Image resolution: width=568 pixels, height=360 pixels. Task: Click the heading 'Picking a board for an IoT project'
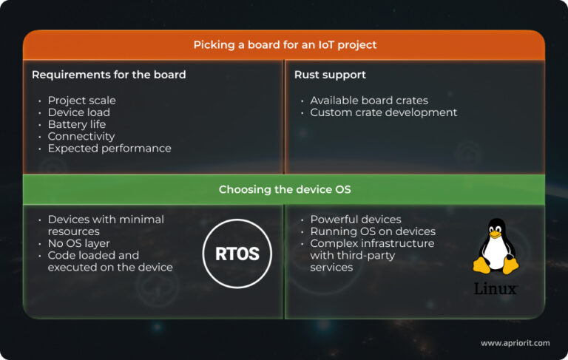click(285, 45)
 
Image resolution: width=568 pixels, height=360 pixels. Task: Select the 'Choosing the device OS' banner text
click(285, 190)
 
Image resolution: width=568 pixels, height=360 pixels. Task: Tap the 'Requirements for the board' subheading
click(109, 75)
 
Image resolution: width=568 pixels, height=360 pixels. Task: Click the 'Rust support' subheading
click(330, 75)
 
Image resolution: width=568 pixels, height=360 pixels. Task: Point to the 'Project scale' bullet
click(81, 101)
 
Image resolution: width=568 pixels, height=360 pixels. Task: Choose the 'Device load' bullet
click(78, 112)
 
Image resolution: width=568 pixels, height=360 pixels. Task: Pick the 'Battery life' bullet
click(77, 124)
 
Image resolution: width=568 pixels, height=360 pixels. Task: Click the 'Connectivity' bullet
click(81, 136)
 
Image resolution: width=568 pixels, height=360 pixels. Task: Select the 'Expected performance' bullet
click(109, 148)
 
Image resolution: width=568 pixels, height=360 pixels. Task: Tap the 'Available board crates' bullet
click(369, 101)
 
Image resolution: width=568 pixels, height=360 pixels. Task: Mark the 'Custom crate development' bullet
click(383, 112)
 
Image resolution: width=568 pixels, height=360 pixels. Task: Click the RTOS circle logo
click(237, 254)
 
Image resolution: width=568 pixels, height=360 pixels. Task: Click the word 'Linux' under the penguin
click(495, 288)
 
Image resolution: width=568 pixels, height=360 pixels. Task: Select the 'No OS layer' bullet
click(78, 243)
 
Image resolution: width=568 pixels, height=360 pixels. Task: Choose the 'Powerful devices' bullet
click(356, 220)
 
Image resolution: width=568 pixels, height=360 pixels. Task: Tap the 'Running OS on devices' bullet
click(373, 231)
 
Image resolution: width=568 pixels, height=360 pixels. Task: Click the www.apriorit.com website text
click(515, 343)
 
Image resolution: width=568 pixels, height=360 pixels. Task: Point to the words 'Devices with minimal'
click(106, 220)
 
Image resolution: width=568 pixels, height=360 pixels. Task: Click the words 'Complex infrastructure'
click(372, 243)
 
